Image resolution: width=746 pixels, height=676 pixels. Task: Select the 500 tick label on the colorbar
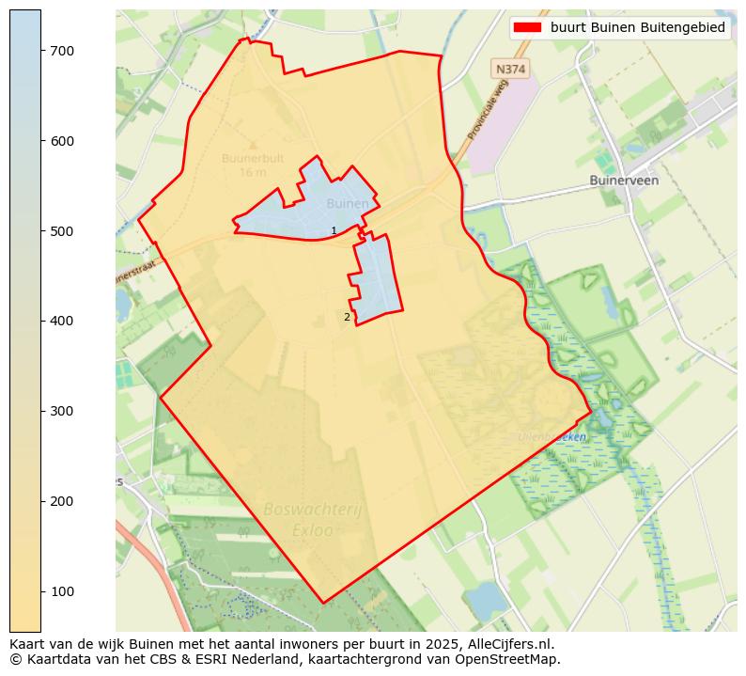click(62, 231)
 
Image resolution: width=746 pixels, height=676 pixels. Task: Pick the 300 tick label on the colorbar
click(62, 411)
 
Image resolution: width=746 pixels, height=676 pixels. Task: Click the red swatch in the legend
click(529, 28)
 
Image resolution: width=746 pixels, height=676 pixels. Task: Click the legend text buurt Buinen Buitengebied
click(638, 28)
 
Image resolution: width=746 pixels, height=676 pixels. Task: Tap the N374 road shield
click(510, 70)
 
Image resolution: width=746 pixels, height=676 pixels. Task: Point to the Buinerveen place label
click(624, 180)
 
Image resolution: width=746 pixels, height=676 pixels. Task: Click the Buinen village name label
click(348, 203)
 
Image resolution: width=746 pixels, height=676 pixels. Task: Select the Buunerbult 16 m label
click(253, 165)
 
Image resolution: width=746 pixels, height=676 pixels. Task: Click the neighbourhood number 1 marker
click(334, 231)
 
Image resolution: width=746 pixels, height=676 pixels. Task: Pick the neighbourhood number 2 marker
click(347, 318)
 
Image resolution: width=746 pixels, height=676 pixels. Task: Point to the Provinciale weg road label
click(488, 110)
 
